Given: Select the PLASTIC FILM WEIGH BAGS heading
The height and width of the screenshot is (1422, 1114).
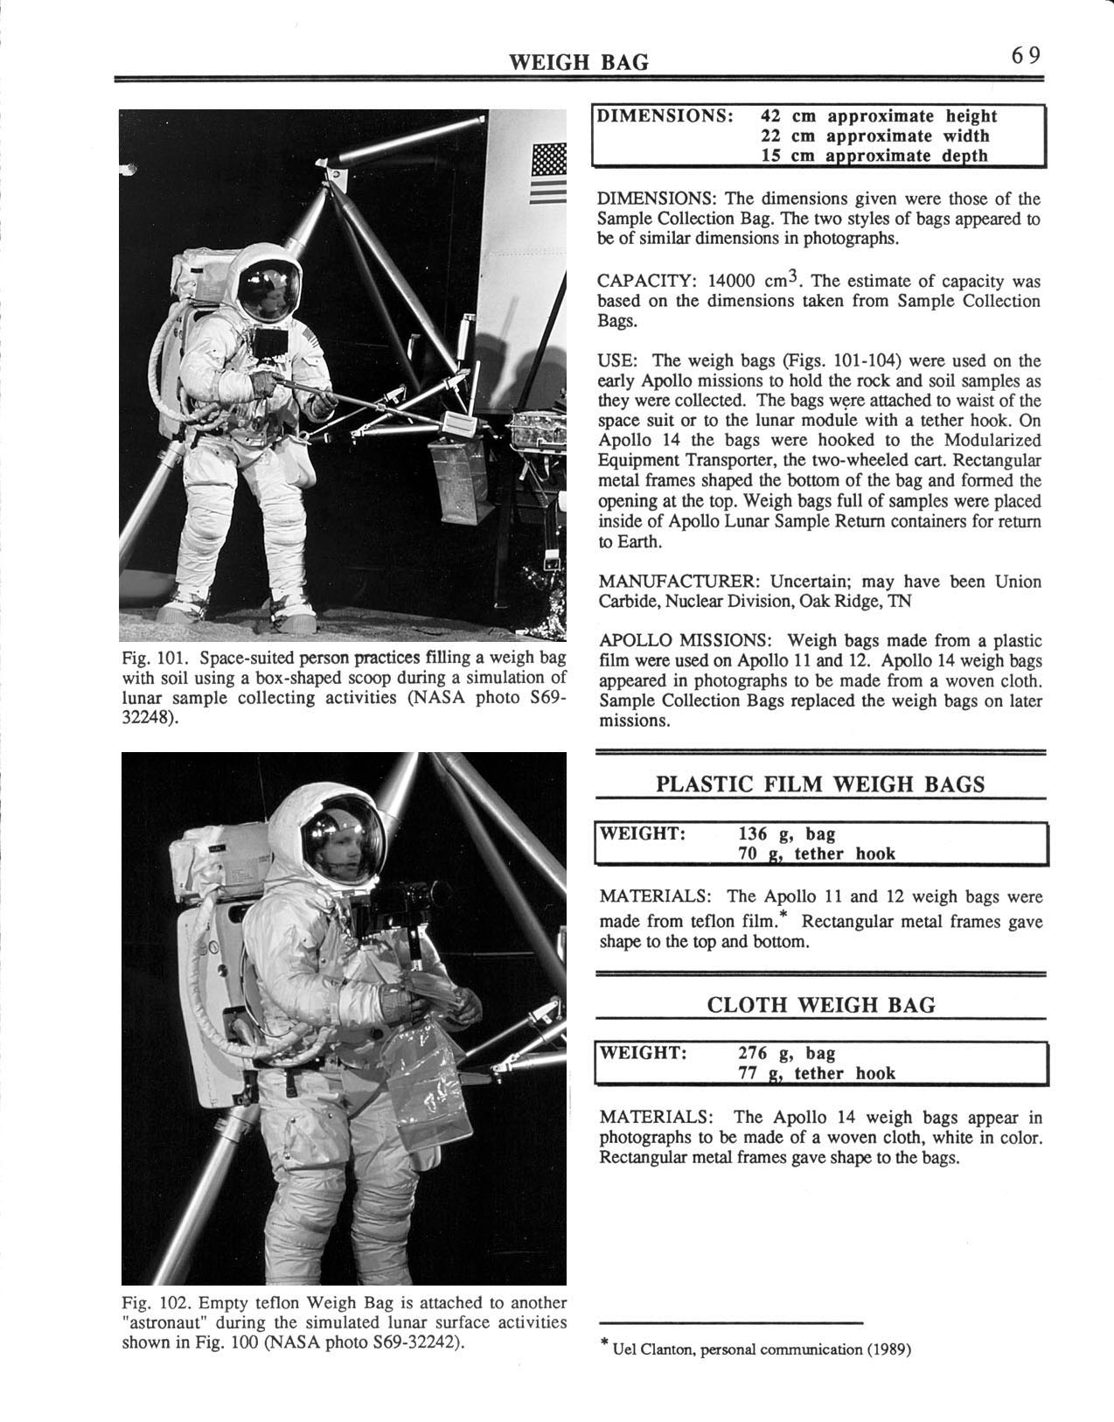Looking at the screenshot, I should pyautogui.click(x=820, y=784).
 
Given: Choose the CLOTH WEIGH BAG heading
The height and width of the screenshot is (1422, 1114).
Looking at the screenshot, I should pyautogui.click(x=820, y=1005).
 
